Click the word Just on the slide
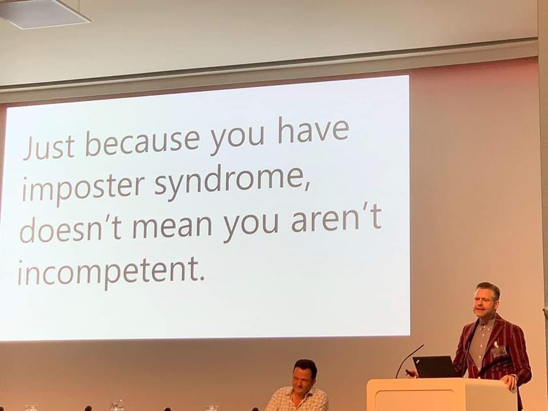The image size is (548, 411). (49, 147)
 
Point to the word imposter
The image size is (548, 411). (83, 188)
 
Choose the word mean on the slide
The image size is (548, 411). (172, 225)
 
